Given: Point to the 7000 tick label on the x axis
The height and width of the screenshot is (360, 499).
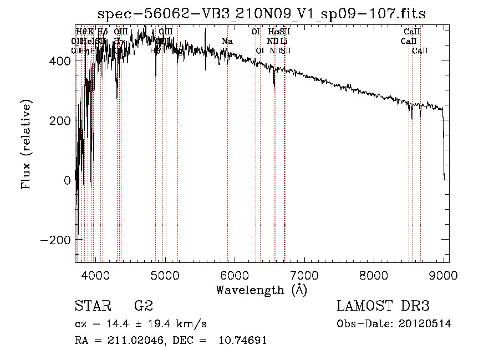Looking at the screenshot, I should (304, 275).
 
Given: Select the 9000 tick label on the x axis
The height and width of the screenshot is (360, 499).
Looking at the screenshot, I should (444, 275).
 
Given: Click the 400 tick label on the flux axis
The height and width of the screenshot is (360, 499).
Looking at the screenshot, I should (60, 61).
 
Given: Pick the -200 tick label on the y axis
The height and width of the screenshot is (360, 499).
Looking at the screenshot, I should (55, 240).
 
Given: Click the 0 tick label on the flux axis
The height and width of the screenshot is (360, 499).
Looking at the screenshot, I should (67, 180).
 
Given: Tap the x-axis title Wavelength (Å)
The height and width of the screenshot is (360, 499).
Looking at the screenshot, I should (261, 290).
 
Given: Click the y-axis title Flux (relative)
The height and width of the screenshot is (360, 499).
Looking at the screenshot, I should (26, 144).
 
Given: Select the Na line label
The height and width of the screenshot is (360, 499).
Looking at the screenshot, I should (227, 41).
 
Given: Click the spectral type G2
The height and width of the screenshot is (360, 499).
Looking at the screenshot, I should (142, 306).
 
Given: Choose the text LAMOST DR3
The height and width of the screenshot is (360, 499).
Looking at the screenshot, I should (383, 306).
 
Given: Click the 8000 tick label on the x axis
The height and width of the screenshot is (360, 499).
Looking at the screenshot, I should (374, 275).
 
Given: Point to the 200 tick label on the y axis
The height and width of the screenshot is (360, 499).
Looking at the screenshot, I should (60, 121).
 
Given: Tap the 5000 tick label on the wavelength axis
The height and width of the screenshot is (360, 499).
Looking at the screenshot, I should (165, 275).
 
